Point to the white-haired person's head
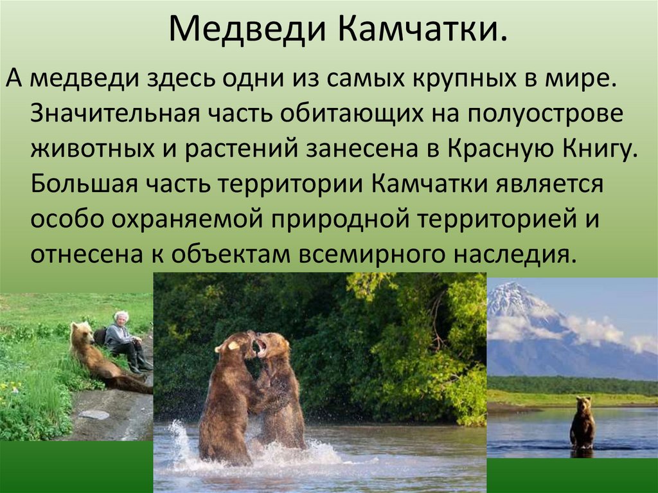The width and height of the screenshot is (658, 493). pos(121,318)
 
